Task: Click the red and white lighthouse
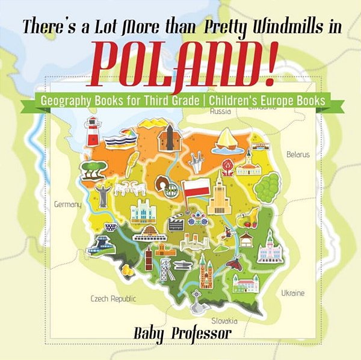(x=93, y=131)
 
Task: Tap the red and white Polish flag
(x=195, y=187)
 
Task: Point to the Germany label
(x=67, y=205)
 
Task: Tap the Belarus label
(x=297, y=154)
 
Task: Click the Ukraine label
(x=292, y=293)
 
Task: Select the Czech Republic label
(x=113, y=298)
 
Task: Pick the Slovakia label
(x=224, y=321)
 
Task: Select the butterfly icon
(x=236, y=261)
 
